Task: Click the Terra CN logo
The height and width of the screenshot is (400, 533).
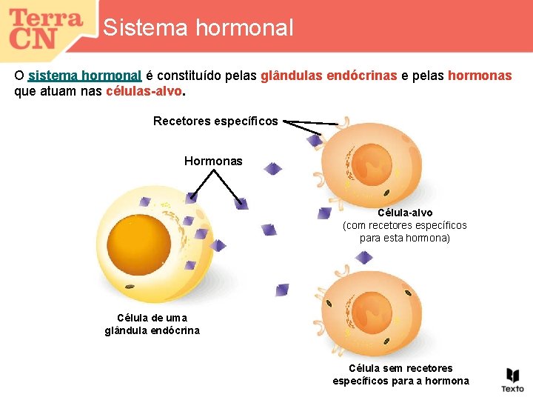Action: point(46,28)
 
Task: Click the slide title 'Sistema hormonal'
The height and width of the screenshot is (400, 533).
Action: point(198,28)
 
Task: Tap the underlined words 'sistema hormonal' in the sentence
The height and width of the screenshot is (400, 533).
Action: point(84,76)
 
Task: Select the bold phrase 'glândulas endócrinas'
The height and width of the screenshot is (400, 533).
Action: point(329,76)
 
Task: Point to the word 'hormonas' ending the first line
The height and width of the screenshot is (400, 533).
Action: point(480,76)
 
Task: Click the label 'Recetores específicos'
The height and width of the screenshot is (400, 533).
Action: point(215,121)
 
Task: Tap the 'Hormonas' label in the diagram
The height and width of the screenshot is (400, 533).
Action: point(213,161)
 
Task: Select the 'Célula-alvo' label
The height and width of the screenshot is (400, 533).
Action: point(405,213)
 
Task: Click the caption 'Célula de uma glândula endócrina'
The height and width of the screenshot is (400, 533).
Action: point(152,324)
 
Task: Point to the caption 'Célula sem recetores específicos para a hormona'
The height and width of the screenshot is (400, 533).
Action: point(400,374)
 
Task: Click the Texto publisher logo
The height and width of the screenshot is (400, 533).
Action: point(512,379)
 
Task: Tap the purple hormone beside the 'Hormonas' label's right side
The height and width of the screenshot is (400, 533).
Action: point(272,169)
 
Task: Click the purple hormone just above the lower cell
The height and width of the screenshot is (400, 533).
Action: point(363,258)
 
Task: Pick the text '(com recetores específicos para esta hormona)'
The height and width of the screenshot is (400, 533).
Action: point(405,232)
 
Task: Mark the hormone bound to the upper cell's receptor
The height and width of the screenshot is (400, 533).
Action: point(315,139)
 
